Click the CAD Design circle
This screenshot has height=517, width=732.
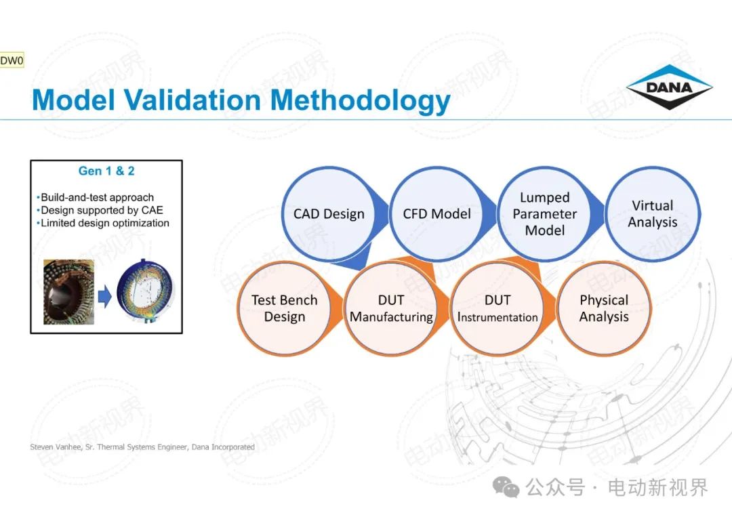(329, 213)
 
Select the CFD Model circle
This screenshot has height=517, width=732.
(436, 213)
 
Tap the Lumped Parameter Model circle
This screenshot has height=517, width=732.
(544, 213)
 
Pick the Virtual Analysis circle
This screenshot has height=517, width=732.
(652, 213)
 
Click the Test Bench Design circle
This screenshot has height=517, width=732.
(284, 308)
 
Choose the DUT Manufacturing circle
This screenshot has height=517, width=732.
(391, 308)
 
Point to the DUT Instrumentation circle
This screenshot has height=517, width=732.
(497, 308)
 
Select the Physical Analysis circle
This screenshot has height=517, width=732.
(604, 308)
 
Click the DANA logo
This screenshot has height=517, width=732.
(669, 87)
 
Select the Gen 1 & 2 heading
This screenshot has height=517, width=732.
(106, 171)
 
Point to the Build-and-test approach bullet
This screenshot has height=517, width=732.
(95, 197)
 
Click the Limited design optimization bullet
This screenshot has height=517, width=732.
(103, 223)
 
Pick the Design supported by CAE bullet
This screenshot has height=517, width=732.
(100, 210)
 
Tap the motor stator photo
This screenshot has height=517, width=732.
(68, 292)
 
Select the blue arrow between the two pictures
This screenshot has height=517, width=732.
(105, 296)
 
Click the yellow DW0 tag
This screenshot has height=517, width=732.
(12, 61)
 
